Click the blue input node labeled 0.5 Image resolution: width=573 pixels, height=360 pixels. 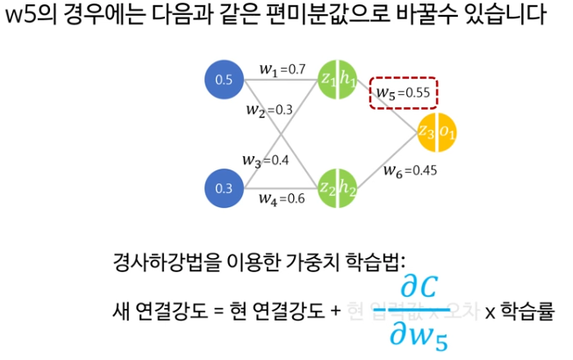click(x=224, y=81)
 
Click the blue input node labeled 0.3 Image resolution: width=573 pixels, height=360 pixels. click(x=224, y=188)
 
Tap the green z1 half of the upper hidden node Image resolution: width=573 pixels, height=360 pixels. click(x=326, y=81)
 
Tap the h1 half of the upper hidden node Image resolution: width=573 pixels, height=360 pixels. click(x=347, y=81)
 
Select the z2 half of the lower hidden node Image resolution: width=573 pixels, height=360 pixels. click(x=326, y=188)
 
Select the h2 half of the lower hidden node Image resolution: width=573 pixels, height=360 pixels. click(x=347, y=188)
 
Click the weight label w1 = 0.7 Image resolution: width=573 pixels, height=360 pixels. click(x=282, y=68)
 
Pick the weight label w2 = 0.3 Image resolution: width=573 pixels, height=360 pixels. click(x=269, y=111)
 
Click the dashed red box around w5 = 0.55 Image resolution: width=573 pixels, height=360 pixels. click(x=404, y=92)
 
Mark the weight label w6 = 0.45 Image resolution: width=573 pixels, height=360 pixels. click(x=410, y=170)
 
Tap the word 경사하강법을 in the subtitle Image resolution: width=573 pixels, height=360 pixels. click(x=158, y=261)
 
